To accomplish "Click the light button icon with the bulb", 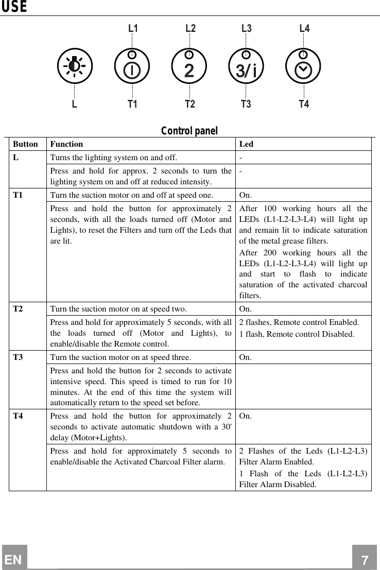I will click(75, 66).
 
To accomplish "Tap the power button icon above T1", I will click(132, 66).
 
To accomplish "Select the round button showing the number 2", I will click(189, 66).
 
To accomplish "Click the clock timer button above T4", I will click(303, 66).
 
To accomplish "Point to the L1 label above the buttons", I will click(133, 28).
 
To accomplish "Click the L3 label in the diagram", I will click(247, 28).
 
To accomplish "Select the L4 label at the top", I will click(304, 28).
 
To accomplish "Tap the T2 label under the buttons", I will click(190, 105).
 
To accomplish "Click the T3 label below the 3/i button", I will click(246, 105).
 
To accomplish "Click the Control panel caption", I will click(189, 131).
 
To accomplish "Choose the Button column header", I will click(25, 145).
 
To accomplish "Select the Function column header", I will click(66, 145).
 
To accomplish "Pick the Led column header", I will click(246, 145).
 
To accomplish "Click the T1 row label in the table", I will click(18, 195).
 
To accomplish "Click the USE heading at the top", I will click(13, 7).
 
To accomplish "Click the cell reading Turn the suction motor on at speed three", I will click(120, 357).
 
